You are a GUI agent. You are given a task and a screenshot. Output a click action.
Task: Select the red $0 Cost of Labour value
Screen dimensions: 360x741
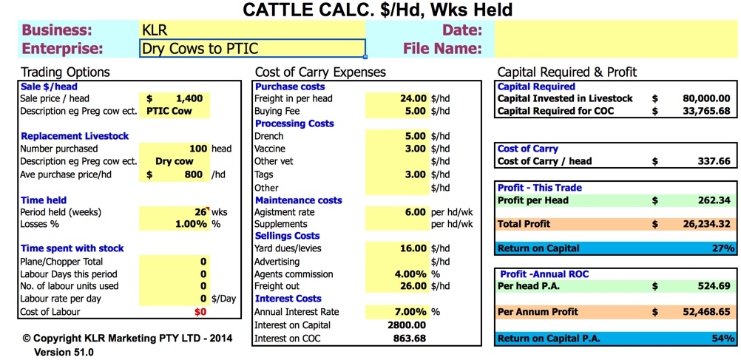pos(200,312)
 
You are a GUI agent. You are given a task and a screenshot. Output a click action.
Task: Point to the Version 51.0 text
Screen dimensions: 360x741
pos(64,352)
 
